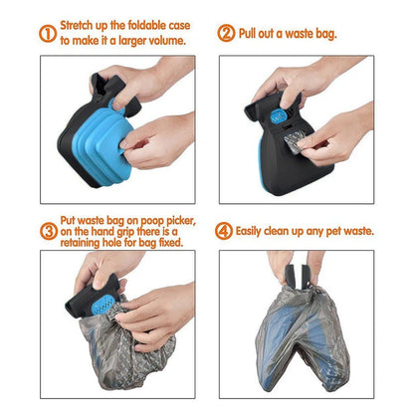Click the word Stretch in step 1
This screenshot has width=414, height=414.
80,25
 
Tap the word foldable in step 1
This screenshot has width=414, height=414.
147,25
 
